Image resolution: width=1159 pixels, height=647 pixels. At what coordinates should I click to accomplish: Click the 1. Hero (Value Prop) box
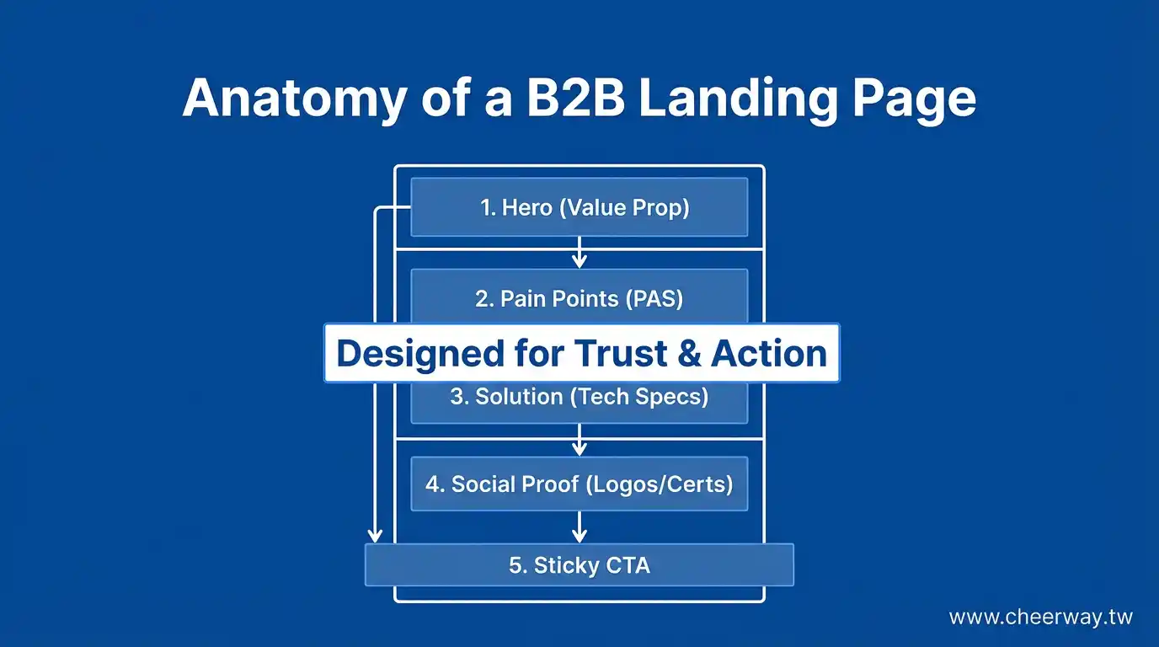pos(579,207)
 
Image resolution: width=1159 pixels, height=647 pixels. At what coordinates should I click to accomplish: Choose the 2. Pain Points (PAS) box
pos(579,297)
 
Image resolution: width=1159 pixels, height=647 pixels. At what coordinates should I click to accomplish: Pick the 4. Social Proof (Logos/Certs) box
pos(579,484)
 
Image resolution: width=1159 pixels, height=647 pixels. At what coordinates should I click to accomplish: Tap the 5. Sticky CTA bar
pos(579,564)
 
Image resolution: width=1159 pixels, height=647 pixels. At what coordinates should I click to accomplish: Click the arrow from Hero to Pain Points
pos(579,253)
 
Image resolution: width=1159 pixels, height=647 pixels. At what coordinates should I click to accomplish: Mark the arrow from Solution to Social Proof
pos(579,440)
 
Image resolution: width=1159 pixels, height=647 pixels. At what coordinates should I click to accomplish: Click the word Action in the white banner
pos(769,354)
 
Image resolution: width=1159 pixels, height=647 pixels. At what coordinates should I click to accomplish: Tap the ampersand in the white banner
pos(689,354)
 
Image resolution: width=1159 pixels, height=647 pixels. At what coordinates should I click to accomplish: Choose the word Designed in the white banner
pos(409,354)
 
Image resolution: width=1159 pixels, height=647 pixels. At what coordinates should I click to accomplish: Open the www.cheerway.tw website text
pos(1040,618)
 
